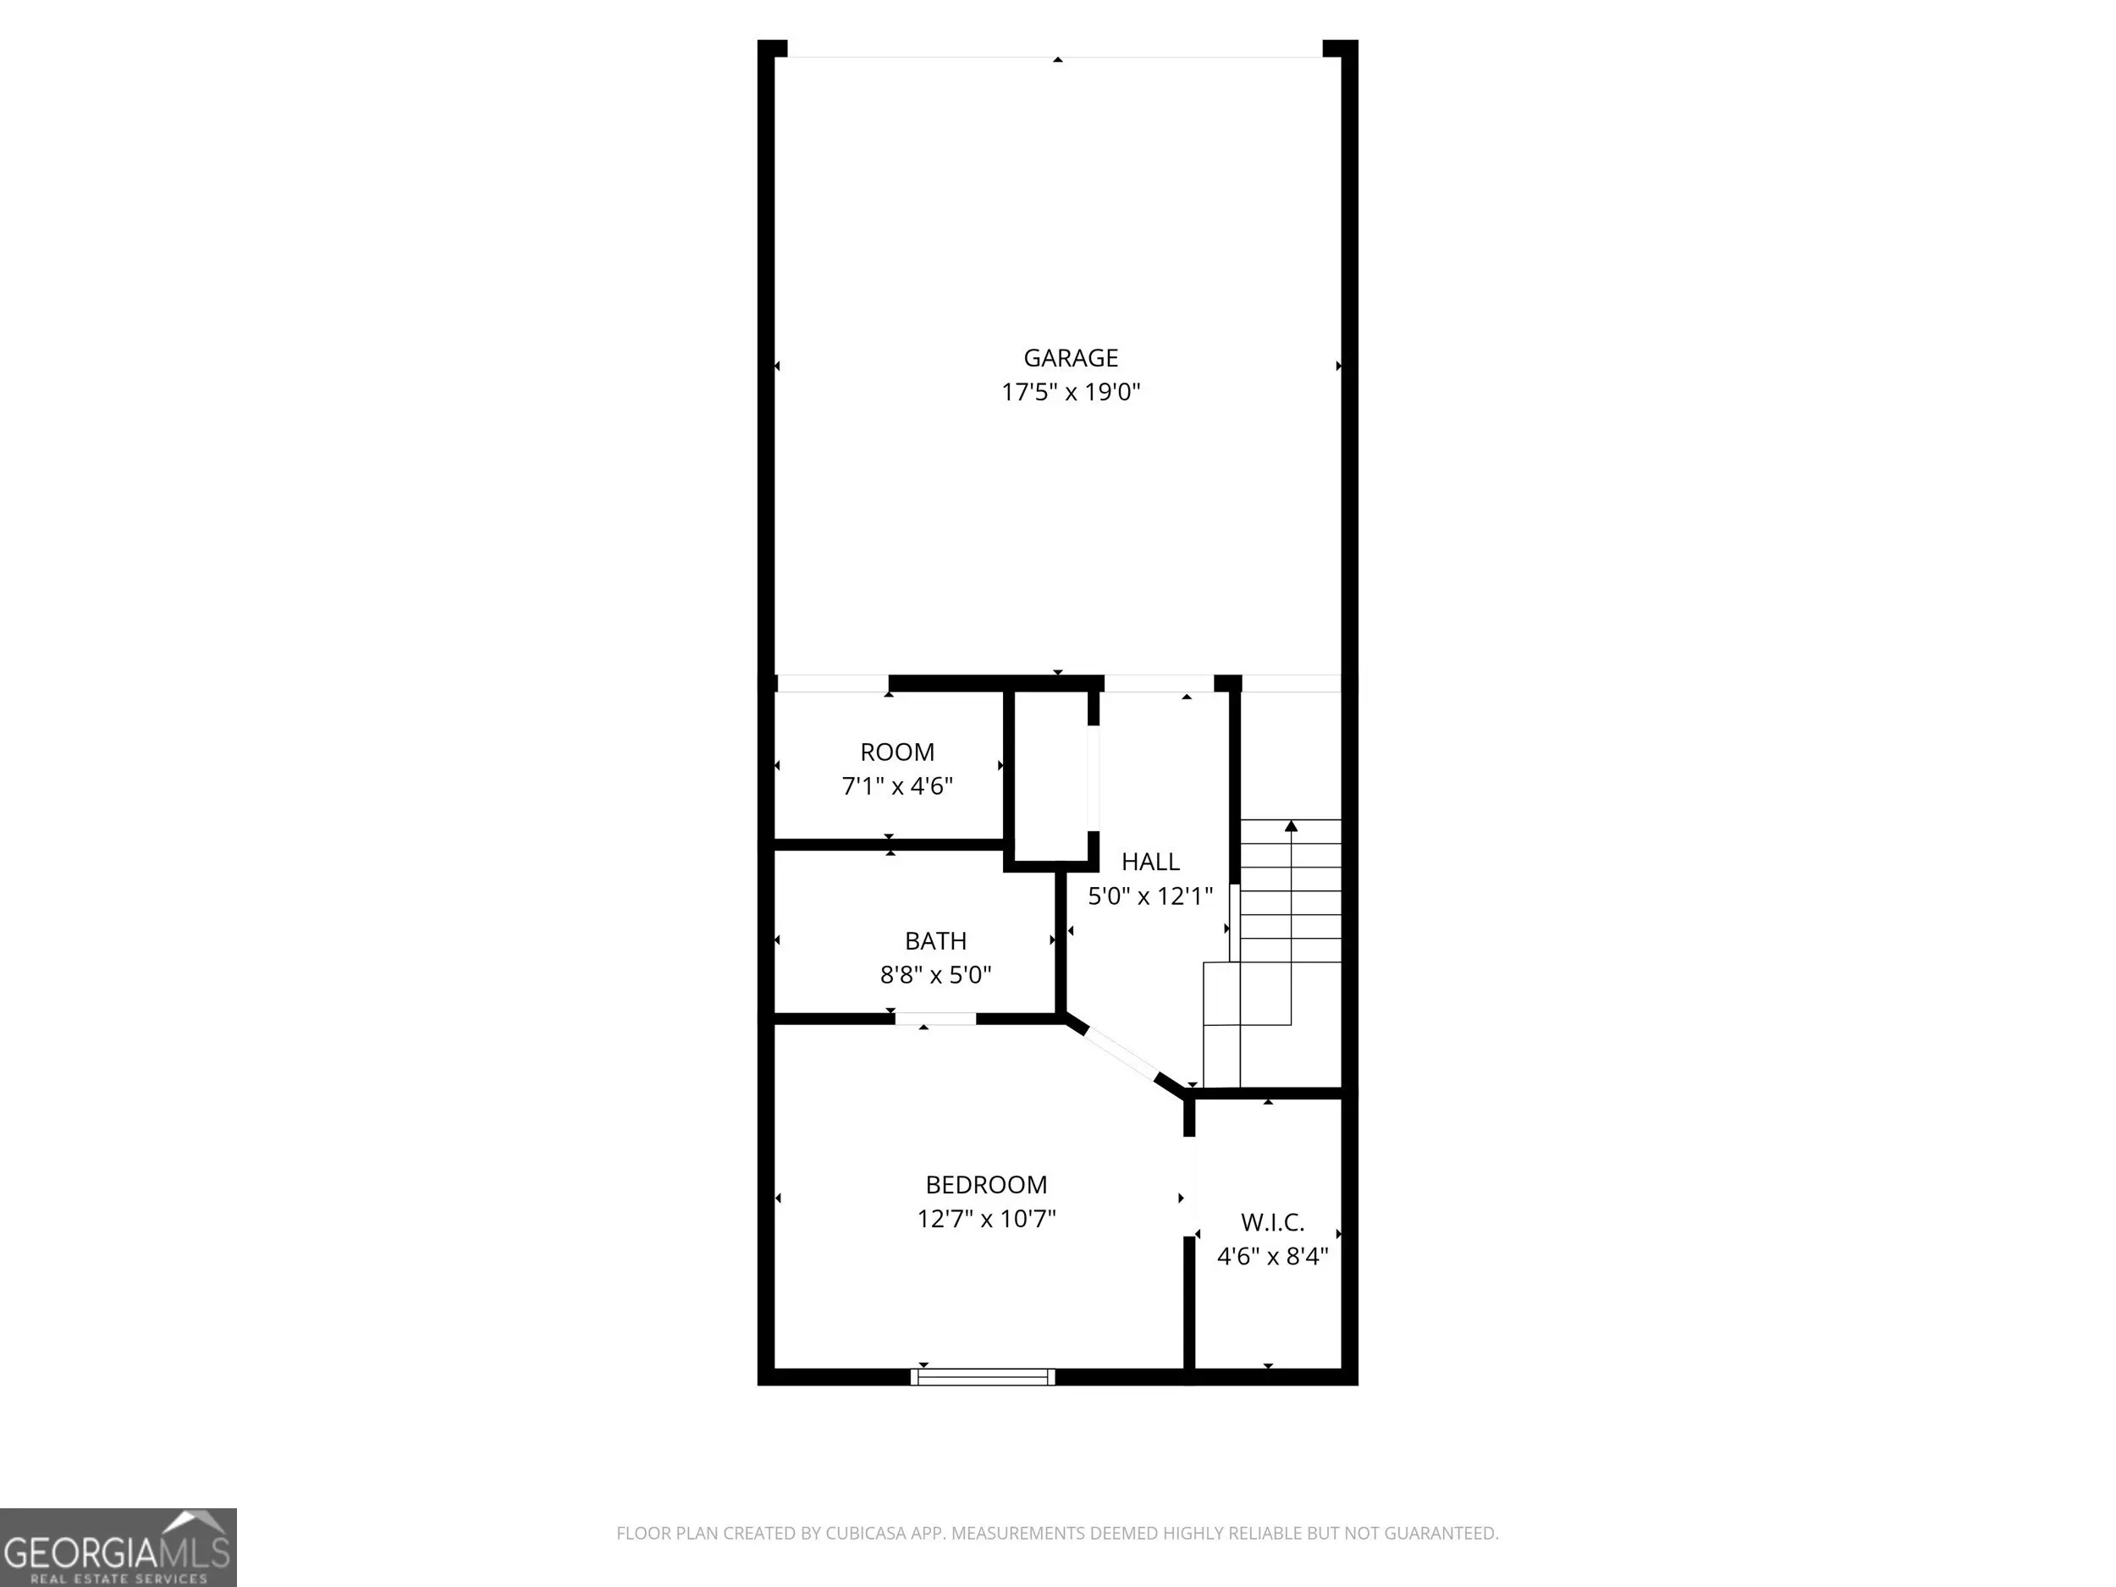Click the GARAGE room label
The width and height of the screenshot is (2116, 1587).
[1071, 358]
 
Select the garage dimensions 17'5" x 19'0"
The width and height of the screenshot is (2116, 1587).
[1071, 392]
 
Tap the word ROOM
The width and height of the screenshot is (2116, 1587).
[897, 752]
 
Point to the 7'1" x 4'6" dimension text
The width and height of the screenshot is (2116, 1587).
[897, 786]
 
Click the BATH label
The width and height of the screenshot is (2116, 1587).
[935, 941]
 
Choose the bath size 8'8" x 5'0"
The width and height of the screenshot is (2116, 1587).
[935, 975]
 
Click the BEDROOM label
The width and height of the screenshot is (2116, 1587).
[986, 1185]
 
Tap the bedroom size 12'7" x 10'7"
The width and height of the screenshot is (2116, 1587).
[986, 1219]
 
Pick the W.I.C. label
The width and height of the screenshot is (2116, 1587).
[1272, 1222]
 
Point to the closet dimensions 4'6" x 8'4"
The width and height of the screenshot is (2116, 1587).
[1272, 1256]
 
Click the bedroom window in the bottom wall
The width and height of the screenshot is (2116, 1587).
[983, 1376]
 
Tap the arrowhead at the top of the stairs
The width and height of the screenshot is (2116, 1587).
[1291, 824]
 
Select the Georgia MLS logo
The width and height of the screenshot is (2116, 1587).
[118, 1548]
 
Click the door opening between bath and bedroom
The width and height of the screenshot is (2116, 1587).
[935, 1019]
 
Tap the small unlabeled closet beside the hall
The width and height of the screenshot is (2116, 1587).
[1050, 776]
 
